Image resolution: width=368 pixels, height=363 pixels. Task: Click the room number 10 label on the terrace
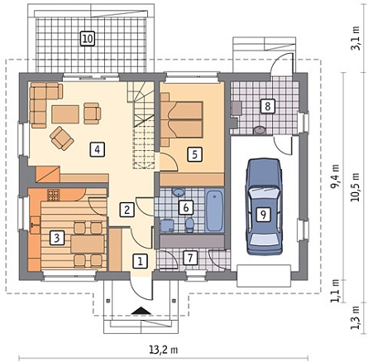(x=88, y=38)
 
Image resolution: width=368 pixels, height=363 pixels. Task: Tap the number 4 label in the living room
(x=97, y=149)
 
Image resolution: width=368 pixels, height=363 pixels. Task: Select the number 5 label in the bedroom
(x=194, y=154)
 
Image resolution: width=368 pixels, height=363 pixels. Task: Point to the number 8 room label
(x=267, y=106)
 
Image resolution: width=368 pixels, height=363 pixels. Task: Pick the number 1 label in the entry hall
(x=141, y=261)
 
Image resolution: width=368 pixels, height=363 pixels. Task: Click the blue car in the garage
(x=264, y=206)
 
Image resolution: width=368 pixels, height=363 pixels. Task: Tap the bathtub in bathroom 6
(x=214, y=211)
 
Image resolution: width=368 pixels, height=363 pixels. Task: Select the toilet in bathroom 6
(x=189, y=225)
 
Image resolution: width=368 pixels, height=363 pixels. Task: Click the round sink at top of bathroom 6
(x=179, y=192)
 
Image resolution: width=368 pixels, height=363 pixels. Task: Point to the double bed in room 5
(x=182, y=119)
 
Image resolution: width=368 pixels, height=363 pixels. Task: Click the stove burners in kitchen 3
(x=54, y=195)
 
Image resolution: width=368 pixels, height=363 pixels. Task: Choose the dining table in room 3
(x=88, y=244)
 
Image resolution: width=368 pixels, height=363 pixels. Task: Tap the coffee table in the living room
(x=65, y=114)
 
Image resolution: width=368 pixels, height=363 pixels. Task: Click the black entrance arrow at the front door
(x=141, y=311)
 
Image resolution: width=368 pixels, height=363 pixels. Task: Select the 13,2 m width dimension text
(x=164, y=350)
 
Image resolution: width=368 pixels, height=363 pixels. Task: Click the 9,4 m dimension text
(x=335, y=177)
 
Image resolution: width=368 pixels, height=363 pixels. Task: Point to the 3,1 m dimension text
(x=356, y=38)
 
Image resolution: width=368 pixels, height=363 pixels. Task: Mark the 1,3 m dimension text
(x=356, y=317)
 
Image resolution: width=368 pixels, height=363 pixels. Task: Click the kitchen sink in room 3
(x=35, y=223)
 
